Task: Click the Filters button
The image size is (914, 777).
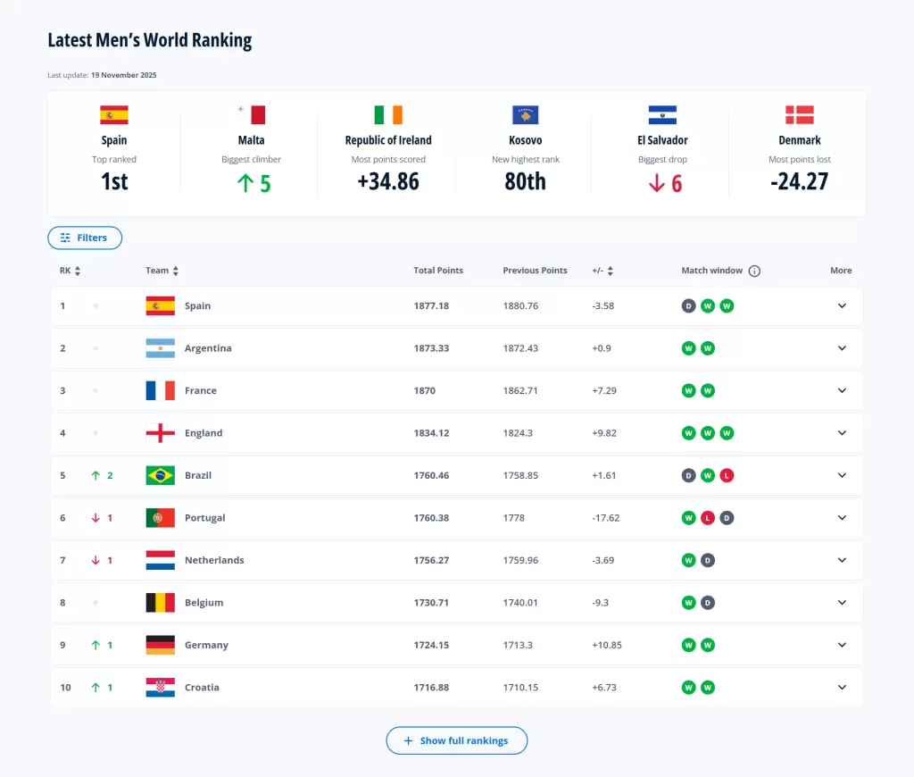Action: click(x=84, y=238)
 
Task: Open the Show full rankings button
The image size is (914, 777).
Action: click(x=456, y=740)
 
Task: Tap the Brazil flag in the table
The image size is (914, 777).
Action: click(x=160, y=475)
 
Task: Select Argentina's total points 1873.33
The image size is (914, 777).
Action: click(x=431, y=348)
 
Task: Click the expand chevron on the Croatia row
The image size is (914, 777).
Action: click(x=841, y=688)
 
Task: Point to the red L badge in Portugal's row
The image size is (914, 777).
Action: click(x=708, y=518)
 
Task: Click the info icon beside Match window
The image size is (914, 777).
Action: click(x=754, y=271)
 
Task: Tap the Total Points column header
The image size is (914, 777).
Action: click(x=438, y=271)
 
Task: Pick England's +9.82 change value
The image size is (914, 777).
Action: click(x=604, y=433)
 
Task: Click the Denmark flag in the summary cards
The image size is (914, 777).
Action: click(x=800, y=114)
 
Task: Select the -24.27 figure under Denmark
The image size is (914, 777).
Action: click(x=799, y=181)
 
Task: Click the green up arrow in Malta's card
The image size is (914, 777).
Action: click(x=245, y=184)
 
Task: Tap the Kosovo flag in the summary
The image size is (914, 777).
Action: click(x=525, y=114)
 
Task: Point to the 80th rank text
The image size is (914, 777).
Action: click(x=525, y=181)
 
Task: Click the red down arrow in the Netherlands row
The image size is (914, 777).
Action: click(x=96, y=560)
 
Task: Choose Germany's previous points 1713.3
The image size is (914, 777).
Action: click(x=521, y=645)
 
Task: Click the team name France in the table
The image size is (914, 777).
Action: click(x=201, y=390)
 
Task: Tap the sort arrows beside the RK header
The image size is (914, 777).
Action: click(x=78, y=271)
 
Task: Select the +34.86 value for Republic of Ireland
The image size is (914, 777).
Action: click(x=388, y=181)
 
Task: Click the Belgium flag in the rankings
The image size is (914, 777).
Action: click(x=160, y=603)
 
